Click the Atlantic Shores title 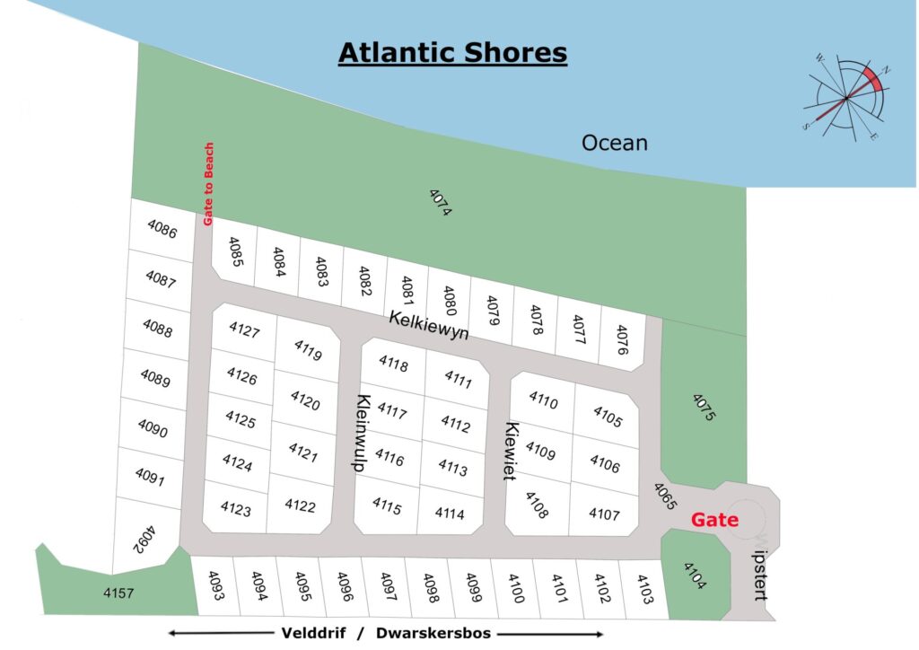[452, 53]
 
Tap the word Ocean [615, 143]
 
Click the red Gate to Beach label [209, 184]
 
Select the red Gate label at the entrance [714, 521]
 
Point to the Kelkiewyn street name [429, 324]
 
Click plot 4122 [300, 505]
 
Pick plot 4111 [458, 379]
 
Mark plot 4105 [608, 417]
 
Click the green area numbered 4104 [695, 575]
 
